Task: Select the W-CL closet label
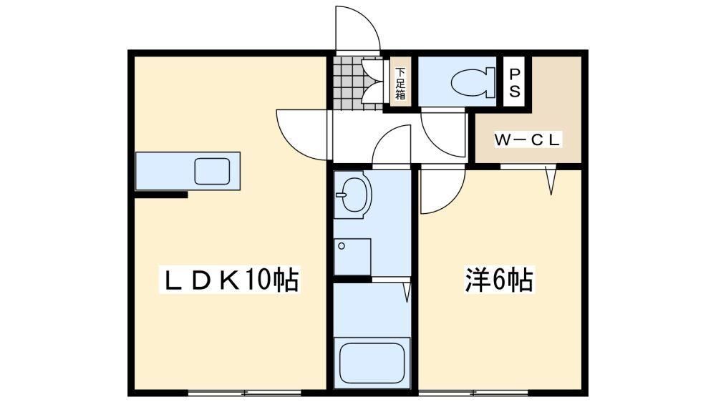[528, 139]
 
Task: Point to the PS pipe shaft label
[515, 82]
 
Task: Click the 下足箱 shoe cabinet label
[400, 84]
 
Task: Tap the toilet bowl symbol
[473, 82]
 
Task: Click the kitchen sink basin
[212, 171]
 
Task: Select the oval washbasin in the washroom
[354, 195]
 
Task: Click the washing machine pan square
[352, 256]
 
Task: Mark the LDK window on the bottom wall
[245, 393]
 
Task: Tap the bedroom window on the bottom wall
[473, 393]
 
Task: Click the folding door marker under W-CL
[551, 181]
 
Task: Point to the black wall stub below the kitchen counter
[161, 195]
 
